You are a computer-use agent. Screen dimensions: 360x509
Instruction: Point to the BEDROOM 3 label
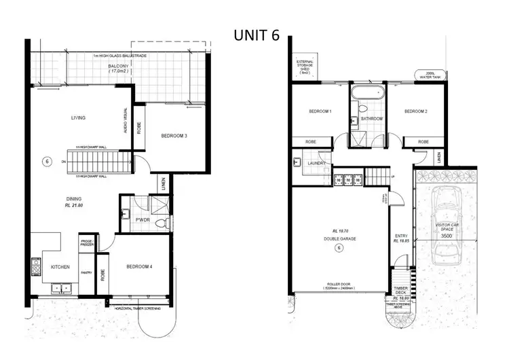point(174,136)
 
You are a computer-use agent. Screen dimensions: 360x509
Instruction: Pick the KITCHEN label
point(60,267)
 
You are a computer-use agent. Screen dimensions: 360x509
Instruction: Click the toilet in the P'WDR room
point(159,223)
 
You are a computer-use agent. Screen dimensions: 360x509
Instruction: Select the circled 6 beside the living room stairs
point(46,162)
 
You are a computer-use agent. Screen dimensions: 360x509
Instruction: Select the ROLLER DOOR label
point(337,284)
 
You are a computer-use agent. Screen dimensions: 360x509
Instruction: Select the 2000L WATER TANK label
point(430,75)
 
